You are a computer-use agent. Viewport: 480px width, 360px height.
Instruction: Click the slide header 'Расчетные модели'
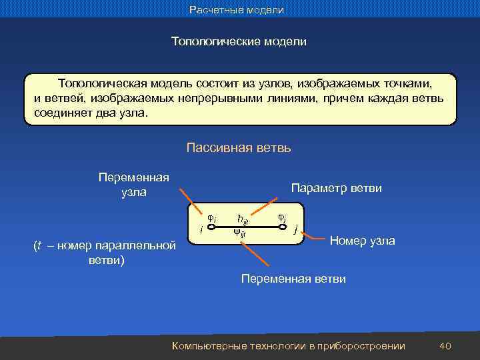pyautogui.click(x=237, y=10)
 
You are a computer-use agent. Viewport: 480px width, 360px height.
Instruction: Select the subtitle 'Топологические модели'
pyautogui.click(x=239, y=41)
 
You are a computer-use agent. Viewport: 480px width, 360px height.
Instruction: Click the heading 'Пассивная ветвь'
pyautogui.click(x=239, y=147)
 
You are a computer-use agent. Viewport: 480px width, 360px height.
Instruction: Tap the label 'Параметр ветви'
pyautogui.click(x=337, y=189)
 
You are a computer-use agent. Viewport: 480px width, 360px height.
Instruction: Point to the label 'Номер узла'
pyautogui.click(x=363, y=240)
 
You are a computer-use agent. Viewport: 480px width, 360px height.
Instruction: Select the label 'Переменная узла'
pyautogui.click(x=133, y=185)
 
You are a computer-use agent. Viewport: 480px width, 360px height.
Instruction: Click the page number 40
pyautogui.click(x=446, y=345)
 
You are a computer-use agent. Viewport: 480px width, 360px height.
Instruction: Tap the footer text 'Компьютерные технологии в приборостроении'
pyautogui.click(x=289, y=345)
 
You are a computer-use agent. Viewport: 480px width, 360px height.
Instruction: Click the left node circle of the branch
pyautogui.click(x=210, y=226)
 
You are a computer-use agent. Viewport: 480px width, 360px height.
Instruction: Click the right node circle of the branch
pyautogui.click(x=285, y=226)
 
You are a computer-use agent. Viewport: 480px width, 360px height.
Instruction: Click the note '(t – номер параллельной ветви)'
pyautogui.click(x=106, y=252)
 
